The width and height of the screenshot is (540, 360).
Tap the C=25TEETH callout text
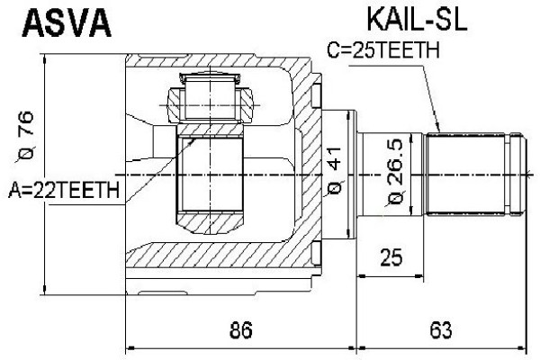pos(383,51)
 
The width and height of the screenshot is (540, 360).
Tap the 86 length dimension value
pos(238,330)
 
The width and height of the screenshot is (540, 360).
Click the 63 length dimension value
pos(441,330)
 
